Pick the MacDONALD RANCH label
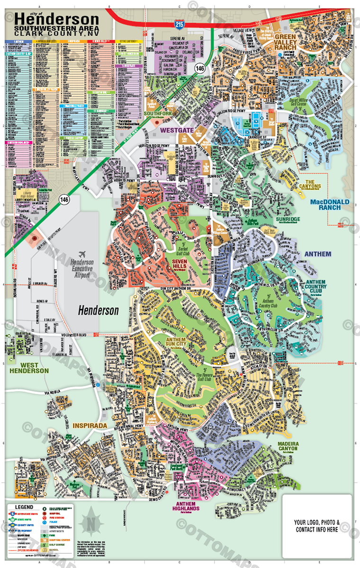pyautogui.click(x=330, y=205)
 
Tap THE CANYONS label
pyautogui.click(x=313, y=184)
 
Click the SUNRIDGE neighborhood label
pyautogui.click(x=288, y=220)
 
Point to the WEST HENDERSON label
pyautogui.click(x=29, y=368)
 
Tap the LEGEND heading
pyautogui.click(x=23, y=506)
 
